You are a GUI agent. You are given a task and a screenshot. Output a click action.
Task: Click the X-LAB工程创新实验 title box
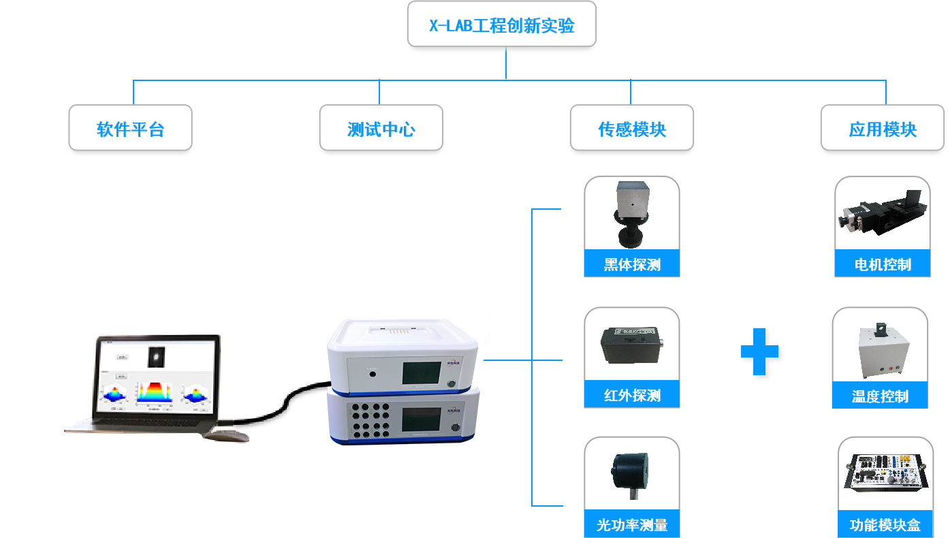coord(501,26)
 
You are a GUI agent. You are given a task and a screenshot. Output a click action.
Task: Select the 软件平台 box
coord(131,129)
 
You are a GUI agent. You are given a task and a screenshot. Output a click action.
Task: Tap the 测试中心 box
coord(381,129)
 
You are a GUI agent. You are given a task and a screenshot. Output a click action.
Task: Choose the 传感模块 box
coord(632,129)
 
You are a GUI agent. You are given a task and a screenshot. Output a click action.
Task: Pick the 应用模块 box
coord(883,129)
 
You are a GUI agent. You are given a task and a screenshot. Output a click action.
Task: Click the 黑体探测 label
coord(632,264)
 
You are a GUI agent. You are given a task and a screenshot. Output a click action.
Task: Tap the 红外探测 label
coord(632,396)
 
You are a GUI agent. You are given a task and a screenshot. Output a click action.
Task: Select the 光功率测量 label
coord(632,525)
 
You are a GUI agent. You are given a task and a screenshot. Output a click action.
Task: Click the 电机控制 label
coord(883,264)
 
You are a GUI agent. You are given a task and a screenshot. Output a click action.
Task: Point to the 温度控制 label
coord(880,396)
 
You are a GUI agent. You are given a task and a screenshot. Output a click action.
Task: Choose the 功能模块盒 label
coord(885,525)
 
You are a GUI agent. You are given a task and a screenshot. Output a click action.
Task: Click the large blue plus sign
coord(763,354)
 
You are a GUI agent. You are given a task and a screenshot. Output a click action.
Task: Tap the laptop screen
coord(155,377)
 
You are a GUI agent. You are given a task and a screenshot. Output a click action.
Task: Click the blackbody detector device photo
coord(631,213)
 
